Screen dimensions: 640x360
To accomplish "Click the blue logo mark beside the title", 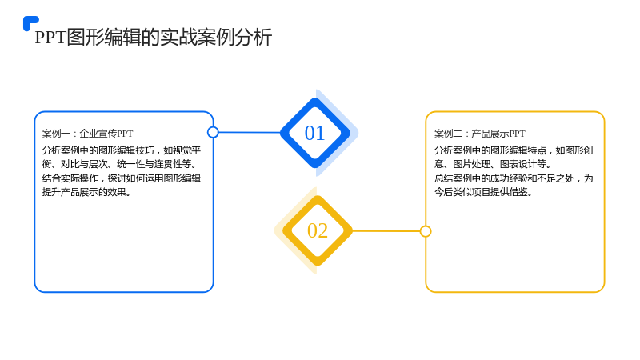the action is pos(30,23).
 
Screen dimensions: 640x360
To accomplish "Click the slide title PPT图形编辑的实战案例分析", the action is pos(154,37).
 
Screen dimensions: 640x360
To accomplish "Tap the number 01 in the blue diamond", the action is pos(314,133).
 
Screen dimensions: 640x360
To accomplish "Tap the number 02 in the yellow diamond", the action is pos(318,230).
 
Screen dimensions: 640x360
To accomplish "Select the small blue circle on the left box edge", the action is pos(213,132).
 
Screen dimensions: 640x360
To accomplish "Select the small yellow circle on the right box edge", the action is pos(426,231).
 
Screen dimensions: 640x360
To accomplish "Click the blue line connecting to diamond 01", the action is pos(250,132).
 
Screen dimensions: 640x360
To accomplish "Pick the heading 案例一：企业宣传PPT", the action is pos(87,134).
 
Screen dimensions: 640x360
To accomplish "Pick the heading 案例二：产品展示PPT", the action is pos(479,134).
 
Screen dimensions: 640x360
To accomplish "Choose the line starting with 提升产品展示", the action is pos(87,192).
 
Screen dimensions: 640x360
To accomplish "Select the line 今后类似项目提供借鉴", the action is pos(484,192).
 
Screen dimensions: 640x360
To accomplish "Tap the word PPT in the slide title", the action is pos(50,38).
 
